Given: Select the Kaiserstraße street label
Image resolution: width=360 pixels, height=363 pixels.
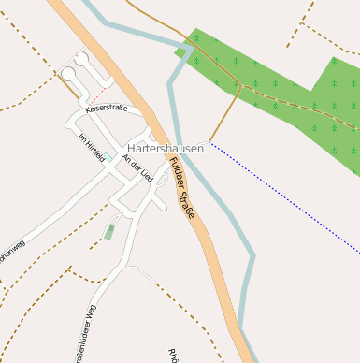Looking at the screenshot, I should (106, 110).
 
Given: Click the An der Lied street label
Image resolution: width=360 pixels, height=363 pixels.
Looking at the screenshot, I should (140, 170).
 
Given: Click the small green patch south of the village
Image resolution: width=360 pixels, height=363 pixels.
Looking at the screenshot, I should (110, 231).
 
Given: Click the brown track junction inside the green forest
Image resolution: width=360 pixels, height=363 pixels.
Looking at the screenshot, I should (241, 86).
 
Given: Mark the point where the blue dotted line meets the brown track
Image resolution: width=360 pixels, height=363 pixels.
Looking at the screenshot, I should (210, 142).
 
